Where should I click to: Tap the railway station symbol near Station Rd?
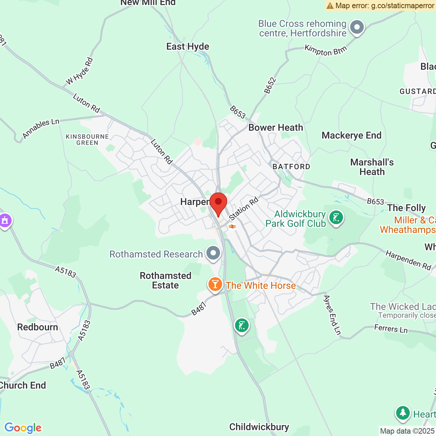233,227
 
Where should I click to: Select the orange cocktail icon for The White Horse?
215,284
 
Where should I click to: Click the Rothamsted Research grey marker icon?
214,253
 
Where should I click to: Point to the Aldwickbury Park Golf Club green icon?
336,217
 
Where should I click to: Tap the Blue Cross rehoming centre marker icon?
357,27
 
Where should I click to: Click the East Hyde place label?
188,47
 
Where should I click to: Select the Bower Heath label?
276,128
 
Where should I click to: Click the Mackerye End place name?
352,136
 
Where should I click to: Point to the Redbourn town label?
37,327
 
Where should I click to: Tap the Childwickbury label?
259,427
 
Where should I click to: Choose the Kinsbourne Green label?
87,140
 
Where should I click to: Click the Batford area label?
292,167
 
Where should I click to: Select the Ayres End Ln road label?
332,315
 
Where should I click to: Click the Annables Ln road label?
41,129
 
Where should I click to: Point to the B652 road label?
270,85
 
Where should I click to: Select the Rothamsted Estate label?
166,280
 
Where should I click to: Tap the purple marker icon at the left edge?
5,221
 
